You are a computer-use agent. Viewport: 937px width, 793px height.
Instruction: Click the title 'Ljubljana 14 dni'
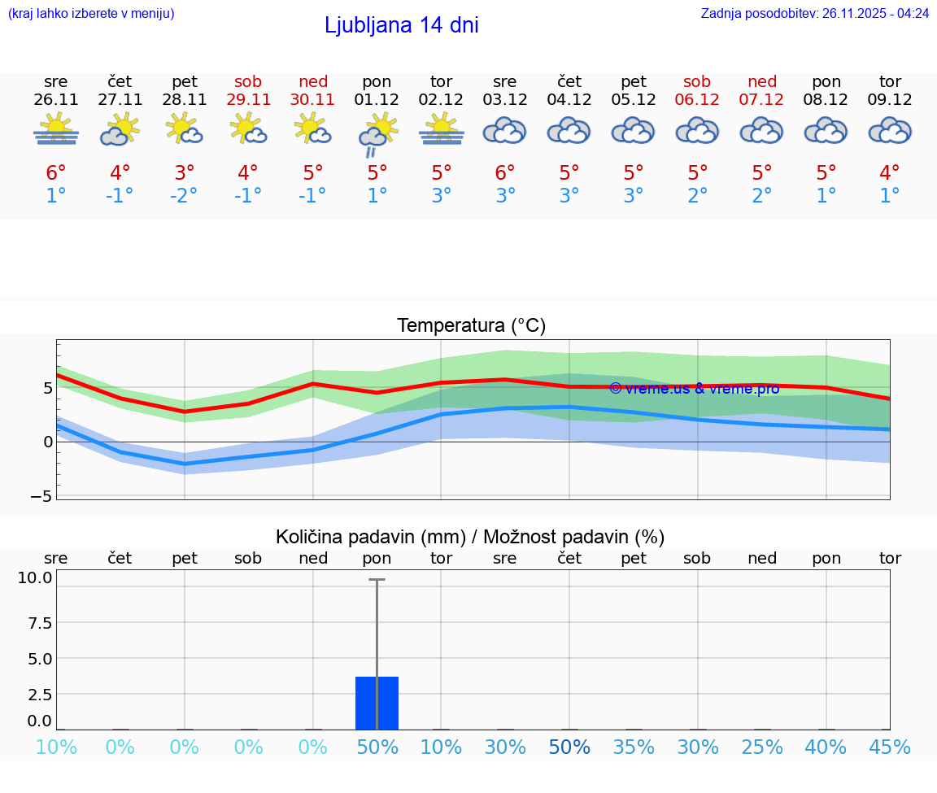point(401,25)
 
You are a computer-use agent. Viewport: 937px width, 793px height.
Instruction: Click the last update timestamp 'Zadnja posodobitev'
point(814,13)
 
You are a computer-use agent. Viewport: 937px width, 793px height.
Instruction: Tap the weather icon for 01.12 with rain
point(377,133)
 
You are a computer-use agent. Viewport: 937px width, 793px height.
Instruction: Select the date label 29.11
point(248,99)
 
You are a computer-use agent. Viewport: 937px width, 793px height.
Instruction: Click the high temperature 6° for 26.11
point(55,172)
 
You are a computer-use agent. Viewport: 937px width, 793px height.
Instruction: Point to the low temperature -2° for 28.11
point(184,195)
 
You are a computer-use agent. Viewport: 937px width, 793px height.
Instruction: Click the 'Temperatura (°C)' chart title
point(471,325)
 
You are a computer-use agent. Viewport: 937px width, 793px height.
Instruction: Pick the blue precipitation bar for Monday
point(377,703)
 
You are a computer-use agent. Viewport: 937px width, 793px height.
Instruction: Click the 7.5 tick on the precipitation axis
point(36,622)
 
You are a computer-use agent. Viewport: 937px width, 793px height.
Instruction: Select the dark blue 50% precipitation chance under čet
point(569,747)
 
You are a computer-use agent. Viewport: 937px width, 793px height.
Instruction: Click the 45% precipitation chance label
point(890,747)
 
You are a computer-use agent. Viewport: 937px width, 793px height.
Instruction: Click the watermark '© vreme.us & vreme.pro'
point(694,389)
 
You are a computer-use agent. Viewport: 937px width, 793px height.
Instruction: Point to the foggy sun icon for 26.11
point(55,129)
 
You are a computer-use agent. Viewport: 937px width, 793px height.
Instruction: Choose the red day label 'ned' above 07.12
point(761,81)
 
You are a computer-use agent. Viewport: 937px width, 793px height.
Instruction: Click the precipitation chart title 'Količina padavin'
point(470,536)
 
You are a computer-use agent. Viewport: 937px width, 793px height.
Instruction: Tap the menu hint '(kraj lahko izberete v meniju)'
point(91,13)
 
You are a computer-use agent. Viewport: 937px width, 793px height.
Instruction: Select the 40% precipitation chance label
point(826,747)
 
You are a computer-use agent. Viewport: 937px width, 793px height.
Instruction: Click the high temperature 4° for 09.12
point(890,172)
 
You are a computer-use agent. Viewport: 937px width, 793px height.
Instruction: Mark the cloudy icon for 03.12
point(504,130)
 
